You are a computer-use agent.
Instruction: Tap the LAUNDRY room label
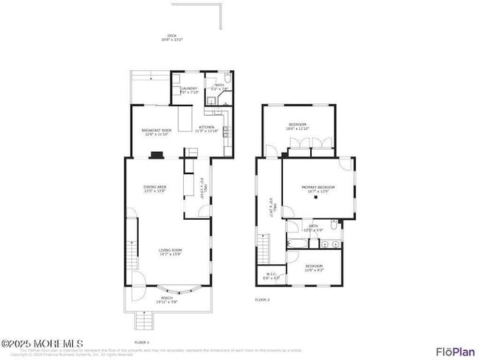coord(189,89)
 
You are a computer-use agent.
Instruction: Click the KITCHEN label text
coord(206,129)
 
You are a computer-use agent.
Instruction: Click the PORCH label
coord(166,300)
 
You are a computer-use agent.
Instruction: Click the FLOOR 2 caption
coord(262,300)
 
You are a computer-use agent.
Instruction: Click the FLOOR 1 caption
coord(141,342)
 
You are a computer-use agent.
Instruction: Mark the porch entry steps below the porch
coord(144,321)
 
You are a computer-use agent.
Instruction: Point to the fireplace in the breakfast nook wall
coord(157,155)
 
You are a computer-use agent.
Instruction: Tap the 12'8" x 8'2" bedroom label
coord(314,267)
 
